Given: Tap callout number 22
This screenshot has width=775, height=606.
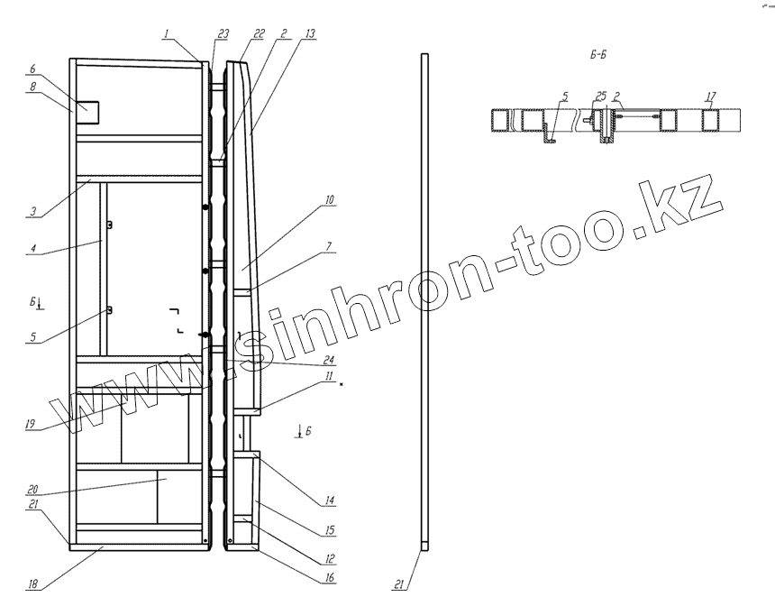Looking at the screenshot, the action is [259, 33].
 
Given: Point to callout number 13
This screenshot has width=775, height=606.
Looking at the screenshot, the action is [310, 33].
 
